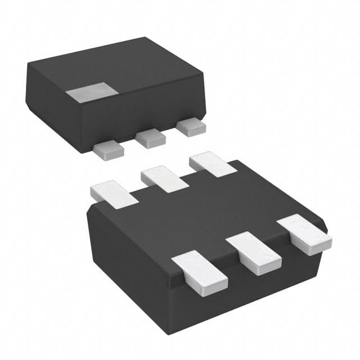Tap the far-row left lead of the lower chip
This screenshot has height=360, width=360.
114,193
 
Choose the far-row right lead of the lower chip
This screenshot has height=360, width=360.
212,164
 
